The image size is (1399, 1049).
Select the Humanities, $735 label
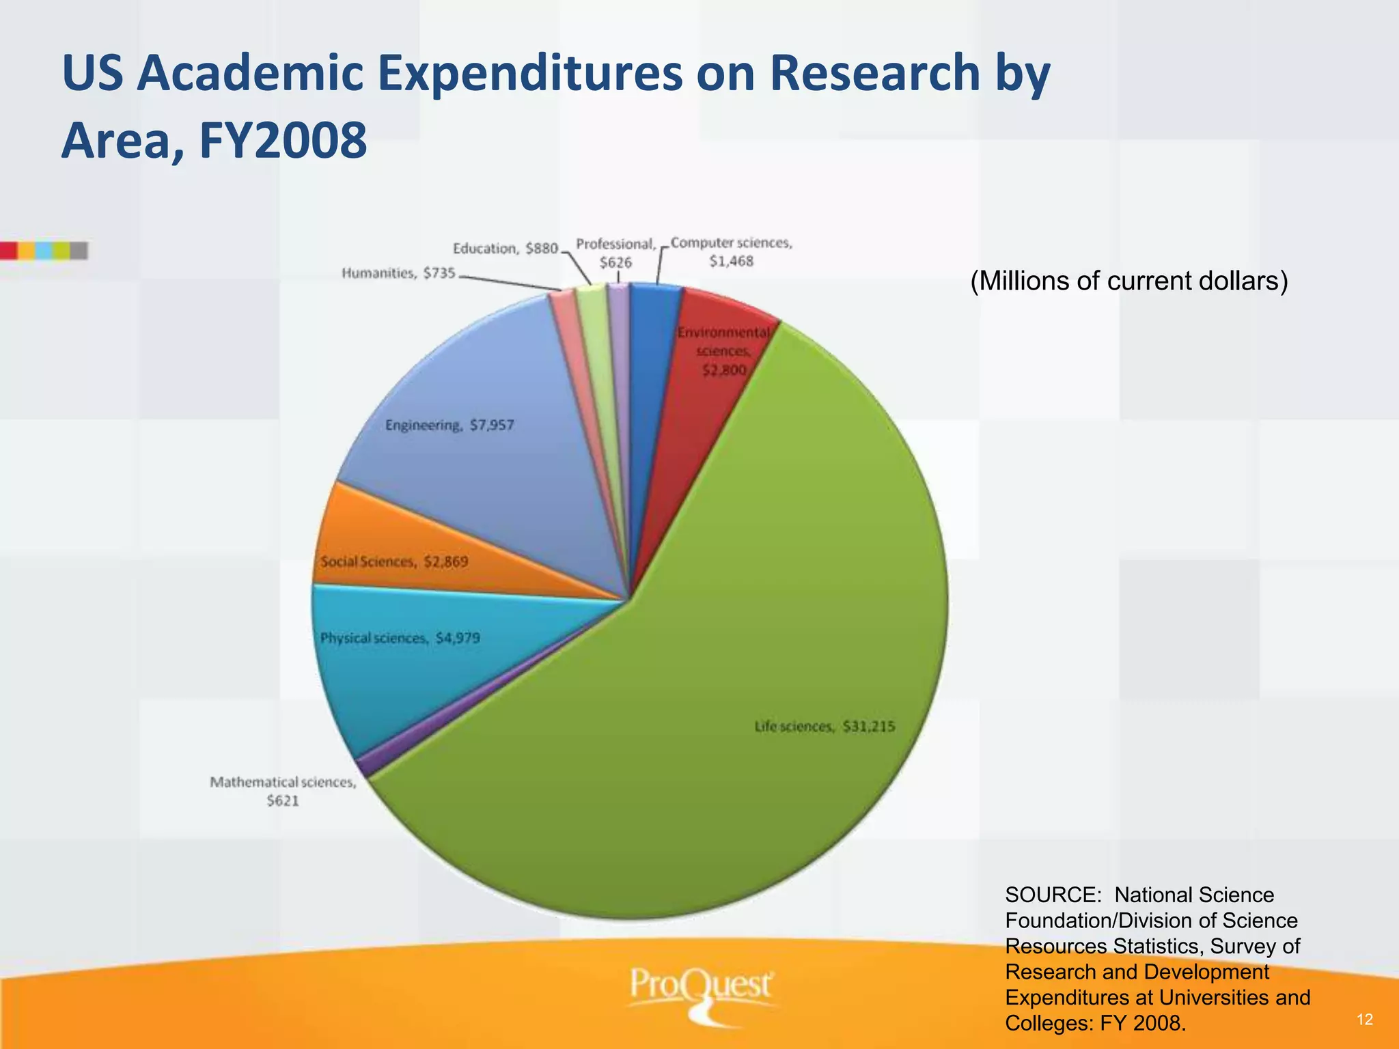coord(398,273)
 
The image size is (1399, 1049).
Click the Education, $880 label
coord(505,249)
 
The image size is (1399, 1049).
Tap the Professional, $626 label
coord(615,253)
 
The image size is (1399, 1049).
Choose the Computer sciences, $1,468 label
coord(731,251)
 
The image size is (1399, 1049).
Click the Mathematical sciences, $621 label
coord(283,791)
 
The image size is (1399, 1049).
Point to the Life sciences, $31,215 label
coord(825,727)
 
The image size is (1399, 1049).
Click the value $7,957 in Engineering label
coord(492,425)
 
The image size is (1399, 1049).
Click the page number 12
coord(1365,1020)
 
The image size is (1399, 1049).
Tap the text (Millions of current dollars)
coord(1128,281)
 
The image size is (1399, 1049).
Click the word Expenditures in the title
coord(529,74)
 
